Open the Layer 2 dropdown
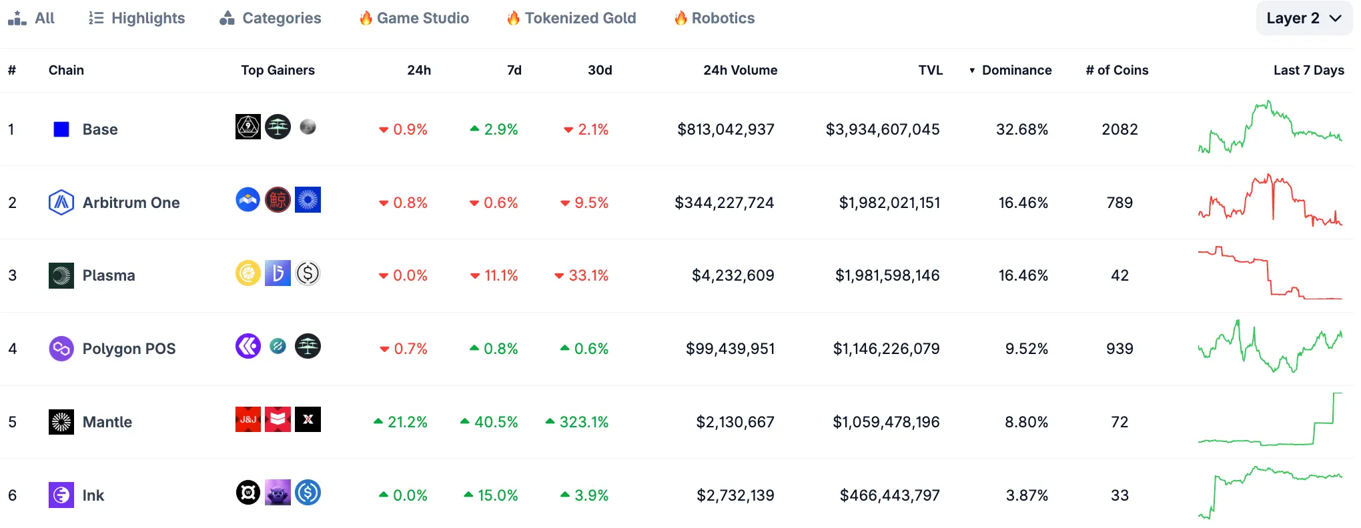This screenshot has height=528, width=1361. [x=1304, y=18]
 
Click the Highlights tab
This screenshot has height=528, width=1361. [x=137, y=18]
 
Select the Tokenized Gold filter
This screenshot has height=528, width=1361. [x=572, y=18]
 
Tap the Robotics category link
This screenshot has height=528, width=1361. [x=715, y=18]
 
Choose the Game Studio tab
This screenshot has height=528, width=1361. [x=414, y=18]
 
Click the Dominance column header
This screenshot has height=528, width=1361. [x=1016, y=70]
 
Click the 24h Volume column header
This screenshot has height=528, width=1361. [x=740, y=70]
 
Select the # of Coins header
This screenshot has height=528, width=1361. [x=1117, y=70]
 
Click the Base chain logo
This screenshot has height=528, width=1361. [x=61, y=129]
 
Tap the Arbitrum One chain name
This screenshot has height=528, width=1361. [x=131, y=203]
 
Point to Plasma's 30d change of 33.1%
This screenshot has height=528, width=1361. [x=582, y=275]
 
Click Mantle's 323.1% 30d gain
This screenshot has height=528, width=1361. [x=577, y=422]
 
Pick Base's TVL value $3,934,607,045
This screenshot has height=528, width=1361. [x=883, y=129]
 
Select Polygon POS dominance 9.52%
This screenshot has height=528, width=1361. [x=1026, y=349]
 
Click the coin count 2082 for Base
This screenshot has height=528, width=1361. [x=1119, y=129]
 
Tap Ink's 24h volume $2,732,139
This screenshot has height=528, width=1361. [x=735, y=495]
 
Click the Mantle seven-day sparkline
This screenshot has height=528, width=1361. [x=1270, y=420]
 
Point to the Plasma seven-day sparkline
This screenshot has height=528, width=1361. [x=1270, y=273]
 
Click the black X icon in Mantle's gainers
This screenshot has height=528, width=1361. [x=308, y=419]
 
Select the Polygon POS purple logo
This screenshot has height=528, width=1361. [x=61, y=349]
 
